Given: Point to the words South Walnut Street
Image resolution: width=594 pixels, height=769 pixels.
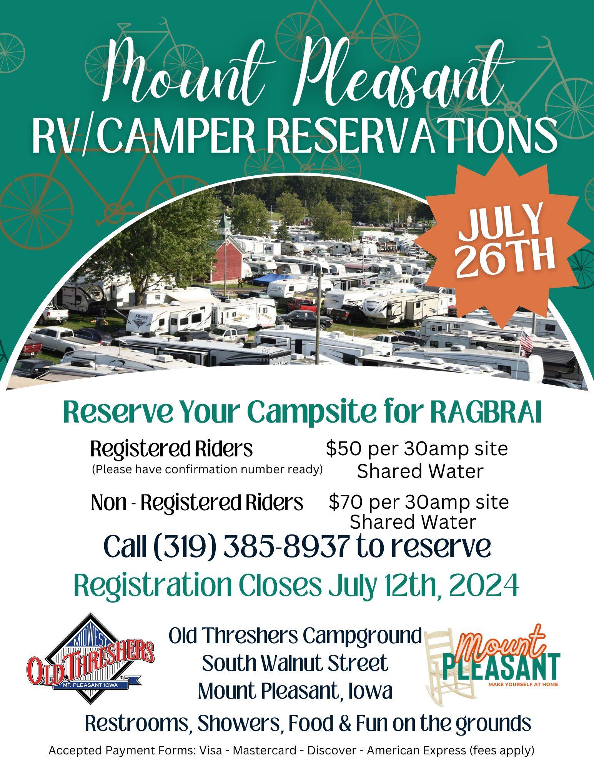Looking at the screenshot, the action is click(x=295, y=663).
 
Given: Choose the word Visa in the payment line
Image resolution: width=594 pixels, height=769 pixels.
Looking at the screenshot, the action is click(x=211, y=750).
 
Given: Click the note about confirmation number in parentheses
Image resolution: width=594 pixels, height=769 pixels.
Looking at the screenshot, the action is click(x=207, y=469).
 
